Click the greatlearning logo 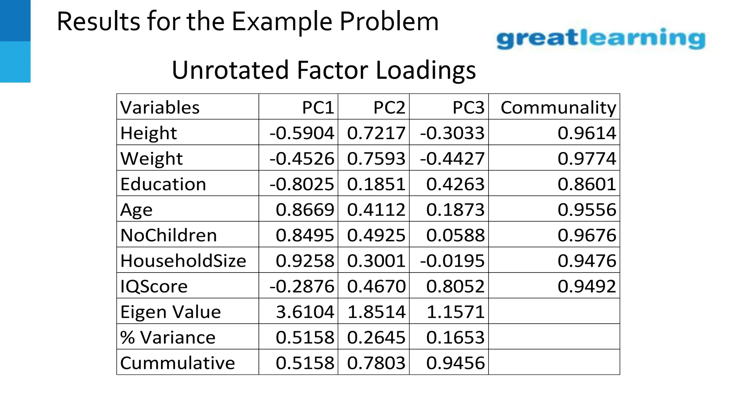point(601,39)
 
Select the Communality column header point(558,107)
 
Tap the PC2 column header point(389,107)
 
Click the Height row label point(149,133)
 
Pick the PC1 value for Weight point(302,158)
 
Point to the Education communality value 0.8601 point(587,184)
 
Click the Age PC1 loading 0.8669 point(305,210)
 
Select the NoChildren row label point(169,235)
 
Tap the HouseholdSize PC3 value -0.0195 point(452,261)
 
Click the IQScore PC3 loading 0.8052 point(455,286)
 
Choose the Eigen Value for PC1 point(305,312)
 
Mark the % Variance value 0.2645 point(376,337)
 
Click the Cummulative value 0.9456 point(455,363)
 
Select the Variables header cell point(160,107)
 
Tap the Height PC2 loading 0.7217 point(376,133)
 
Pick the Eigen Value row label point(170,312)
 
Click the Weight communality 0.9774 point(587,158)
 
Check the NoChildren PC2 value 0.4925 point(376,235)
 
